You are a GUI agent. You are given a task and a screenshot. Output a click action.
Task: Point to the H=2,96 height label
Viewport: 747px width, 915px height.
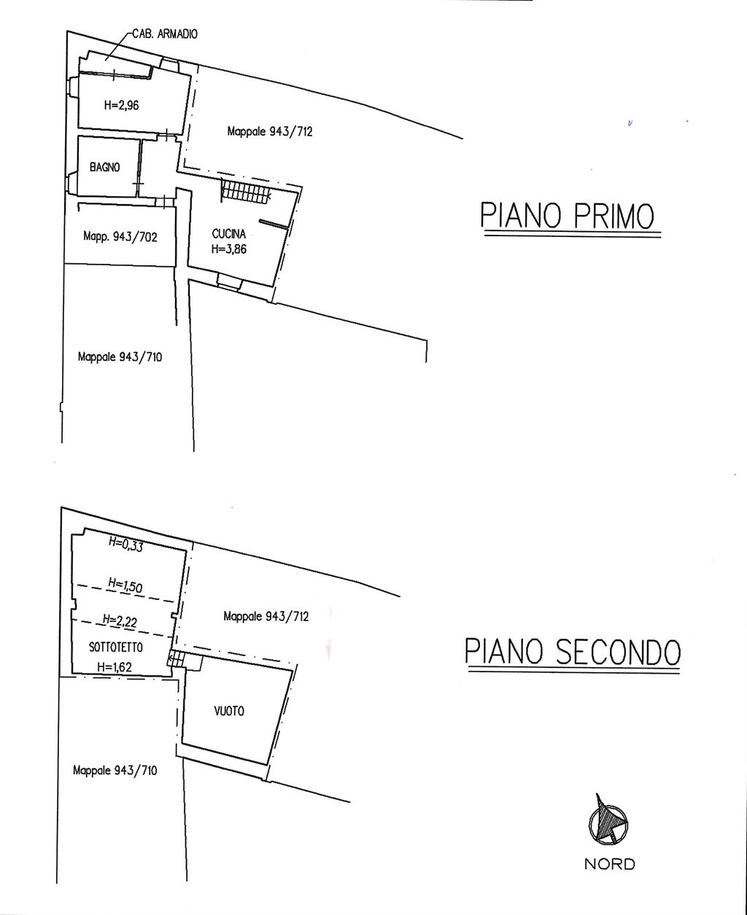coord(121,105)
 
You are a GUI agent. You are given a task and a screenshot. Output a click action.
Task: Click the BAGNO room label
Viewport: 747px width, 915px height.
coord(105,166)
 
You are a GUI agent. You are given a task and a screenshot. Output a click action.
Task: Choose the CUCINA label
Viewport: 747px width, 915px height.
coord(229,234)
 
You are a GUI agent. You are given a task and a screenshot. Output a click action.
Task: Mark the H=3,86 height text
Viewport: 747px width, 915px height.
coord(229,249)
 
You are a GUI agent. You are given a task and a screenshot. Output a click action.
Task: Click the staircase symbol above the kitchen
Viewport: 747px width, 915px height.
coord(246,192)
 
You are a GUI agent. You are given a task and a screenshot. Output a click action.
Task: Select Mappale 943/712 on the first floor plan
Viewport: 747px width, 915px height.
coord(270,132)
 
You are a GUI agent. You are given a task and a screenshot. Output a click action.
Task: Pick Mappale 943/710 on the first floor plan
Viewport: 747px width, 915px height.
coord(120,357)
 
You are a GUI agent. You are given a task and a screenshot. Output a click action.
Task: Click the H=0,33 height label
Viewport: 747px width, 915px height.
coord(125,544)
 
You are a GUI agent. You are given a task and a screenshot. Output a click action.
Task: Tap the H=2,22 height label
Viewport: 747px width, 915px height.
coord(120,620)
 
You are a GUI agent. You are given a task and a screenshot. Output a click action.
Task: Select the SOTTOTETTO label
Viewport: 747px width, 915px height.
coord(116,647)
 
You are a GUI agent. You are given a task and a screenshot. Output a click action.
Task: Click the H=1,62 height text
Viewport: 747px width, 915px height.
coord(116,666)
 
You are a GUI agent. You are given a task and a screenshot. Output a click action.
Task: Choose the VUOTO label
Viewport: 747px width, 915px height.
coord(230,712)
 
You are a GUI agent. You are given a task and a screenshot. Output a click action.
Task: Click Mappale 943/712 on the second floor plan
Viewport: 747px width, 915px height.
coord(266,616)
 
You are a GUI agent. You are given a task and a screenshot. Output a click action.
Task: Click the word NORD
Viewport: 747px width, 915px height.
coord(610,864)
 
